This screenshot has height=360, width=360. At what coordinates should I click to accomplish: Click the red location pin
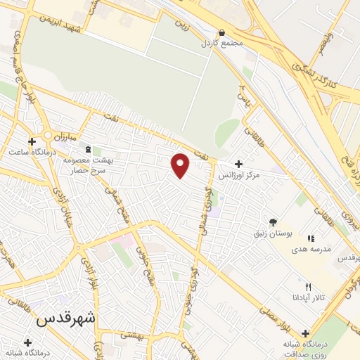point(181,165)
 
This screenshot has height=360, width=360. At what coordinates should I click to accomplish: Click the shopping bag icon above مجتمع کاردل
point(222,32)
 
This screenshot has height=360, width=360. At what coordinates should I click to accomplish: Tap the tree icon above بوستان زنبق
point(273,221)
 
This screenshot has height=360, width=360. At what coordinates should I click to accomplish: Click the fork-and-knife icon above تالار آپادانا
point(307,288)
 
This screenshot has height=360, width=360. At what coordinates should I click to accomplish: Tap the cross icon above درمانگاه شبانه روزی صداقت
point(305,333)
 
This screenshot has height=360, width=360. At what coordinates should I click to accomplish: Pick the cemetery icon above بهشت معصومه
point(88,150)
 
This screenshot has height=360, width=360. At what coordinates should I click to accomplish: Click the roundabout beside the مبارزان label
point(48,134)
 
